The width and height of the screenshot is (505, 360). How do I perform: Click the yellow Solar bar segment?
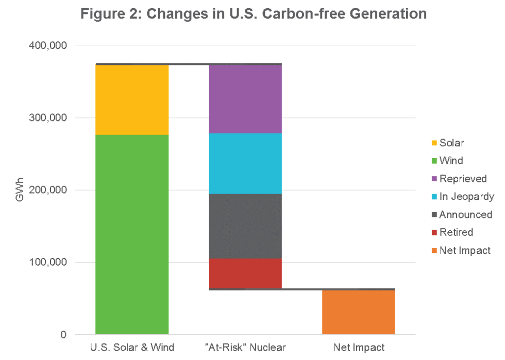(132, 100)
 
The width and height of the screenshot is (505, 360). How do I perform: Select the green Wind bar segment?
(132, 234)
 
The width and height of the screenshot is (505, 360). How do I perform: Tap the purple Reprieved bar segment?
(245, 99)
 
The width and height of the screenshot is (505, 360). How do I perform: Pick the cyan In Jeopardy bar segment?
(245, 163)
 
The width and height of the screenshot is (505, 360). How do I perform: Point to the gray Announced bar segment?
(245, 226)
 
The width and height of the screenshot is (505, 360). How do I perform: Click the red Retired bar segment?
(245, 273)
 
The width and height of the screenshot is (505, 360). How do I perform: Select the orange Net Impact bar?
(359, 312)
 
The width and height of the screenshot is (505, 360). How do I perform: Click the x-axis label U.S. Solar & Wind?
(132, 348)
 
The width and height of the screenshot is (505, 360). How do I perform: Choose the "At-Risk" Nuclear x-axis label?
(245, 348)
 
